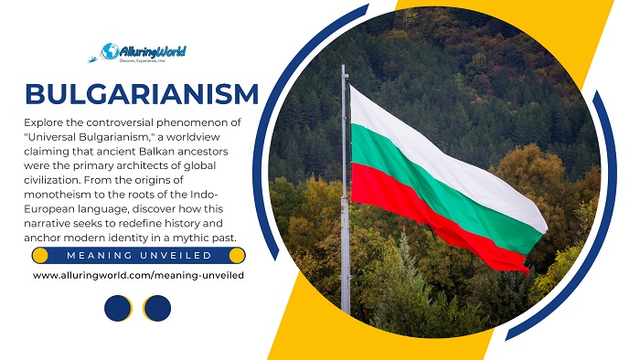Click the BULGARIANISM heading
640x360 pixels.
coord(142,92)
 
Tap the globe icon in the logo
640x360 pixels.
coord(111,51)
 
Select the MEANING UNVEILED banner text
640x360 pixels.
coord(138,255)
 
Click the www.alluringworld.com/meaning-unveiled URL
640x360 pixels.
coord(138,274)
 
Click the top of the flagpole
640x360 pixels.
coord(344,69)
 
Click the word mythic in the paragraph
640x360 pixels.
coord(183,238)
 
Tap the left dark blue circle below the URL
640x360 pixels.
coord(118,309)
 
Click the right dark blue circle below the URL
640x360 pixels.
coord(157,309)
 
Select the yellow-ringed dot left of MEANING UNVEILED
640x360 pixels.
coord(38,255)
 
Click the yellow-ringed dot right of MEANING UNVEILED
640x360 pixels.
coord(238,255)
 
